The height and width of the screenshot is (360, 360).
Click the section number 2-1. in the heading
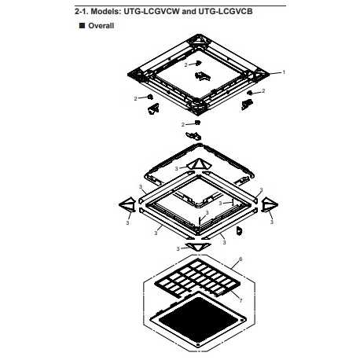(x=82, y=12)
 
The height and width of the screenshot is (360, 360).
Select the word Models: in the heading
(x=104, y=12)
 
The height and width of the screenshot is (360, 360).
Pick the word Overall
(x=101, y=26)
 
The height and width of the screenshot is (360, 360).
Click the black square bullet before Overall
(x=82, y=25)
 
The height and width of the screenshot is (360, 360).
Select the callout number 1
(x=283, y=72)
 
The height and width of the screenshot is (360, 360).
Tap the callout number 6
(x=241, y=259)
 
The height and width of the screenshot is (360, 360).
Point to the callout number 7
(x=241, y=300)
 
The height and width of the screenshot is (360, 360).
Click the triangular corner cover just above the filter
(x=198, y=246)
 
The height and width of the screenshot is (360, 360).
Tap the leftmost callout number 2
(x=135, y=99)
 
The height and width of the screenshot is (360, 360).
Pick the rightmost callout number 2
(x=263, y=91)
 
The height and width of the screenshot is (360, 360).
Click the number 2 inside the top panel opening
(x=186, y=65)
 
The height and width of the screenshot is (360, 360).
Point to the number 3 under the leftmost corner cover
(x=127, y=222)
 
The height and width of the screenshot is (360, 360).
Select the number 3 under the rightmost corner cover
(x=272, y=222)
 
